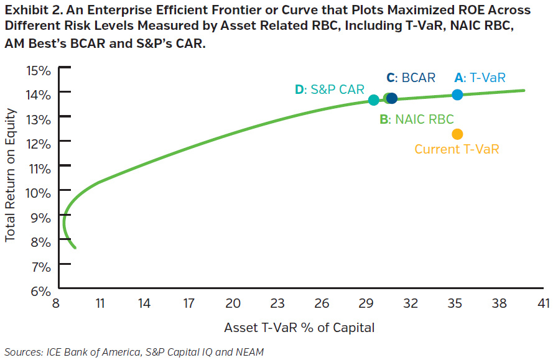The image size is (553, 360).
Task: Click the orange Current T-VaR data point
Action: pyautogui.click(x=457, y=134)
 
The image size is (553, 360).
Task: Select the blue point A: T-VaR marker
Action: pyautogui.click(x=457, y=95)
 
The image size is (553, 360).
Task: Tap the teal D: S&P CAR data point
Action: pyautogui.click(x=373, y=100)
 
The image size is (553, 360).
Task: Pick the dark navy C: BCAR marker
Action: pyautogui.click(x=392, y=98)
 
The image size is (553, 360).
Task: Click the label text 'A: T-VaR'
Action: pyautogui.click(x=480, y=78)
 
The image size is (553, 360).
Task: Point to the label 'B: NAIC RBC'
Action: pyautogui.click(x=417, y=119)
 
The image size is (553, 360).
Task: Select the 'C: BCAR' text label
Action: pyautogui.click(x=411, y=78)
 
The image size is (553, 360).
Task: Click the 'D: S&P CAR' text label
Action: pyautogui.click(x=330, y=90)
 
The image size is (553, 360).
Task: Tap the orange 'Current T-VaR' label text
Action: pyautogui.click(x=457, y=149)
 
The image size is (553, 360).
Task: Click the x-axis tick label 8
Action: pyautogui.click(x=55, y=304)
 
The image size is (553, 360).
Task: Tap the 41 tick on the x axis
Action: pyautogui.click(x=544, y=304)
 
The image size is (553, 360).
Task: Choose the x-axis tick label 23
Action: pyautogui.click(x=277, y=304)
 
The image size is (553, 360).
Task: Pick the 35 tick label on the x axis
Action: pyautogui.click(x=455, y=304)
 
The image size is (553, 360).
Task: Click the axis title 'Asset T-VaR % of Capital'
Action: pyautogui.click(x=299, y=327)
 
